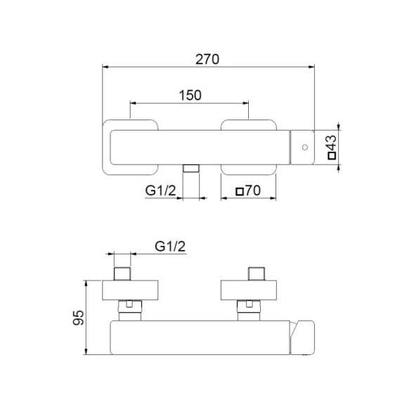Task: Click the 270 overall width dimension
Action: (x=209, y=59)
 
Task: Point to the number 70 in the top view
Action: (x=254, y=190)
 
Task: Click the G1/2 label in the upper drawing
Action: (x=159, y=190)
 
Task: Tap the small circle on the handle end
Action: (x=304, y=148)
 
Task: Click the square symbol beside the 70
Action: (x=240, y=190)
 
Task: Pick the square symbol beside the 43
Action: (x=333, y=158)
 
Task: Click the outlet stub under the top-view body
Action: (x=190, y=169)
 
